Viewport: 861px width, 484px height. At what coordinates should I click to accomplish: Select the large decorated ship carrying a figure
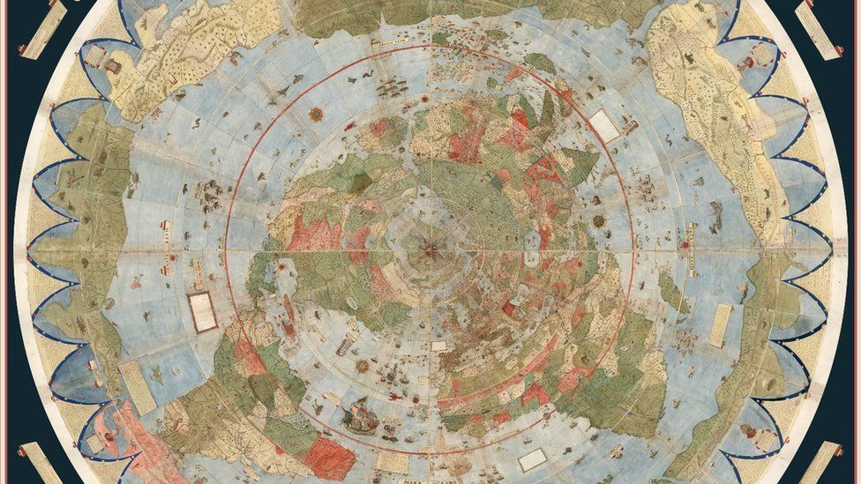click(x=359, y=415)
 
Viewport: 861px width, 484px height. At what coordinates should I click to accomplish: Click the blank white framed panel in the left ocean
click(x=202, y=312)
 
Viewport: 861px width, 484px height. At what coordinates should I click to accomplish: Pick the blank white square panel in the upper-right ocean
click(x=604, y=125)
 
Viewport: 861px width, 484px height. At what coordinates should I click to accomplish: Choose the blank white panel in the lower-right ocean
click(x=532, y=459)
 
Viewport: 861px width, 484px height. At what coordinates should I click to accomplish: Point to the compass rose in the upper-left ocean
click(x=316, y=114)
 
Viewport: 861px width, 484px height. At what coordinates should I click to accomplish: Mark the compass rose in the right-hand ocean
click(x=599, y=220)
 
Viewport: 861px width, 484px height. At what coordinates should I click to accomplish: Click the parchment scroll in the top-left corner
click(x=44, y=30)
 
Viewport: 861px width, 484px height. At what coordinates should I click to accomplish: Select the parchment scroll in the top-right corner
click(x=817, y=29)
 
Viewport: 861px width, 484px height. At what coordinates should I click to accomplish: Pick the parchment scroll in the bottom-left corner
click(x=41, y=464)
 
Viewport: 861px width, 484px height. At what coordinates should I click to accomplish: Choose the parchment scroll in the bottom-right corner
click(x=820, y=462)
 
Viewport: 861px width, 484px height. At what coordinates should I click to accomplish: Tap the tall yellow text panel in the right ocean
click(x=721, y=325)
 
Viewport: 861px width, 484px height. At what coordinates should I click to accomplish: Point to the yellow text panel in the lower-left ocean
click(x=137, y=387)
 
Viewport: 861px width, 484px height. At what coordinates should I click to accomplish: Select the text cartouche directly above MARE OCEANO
click(x=392, y=460)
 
